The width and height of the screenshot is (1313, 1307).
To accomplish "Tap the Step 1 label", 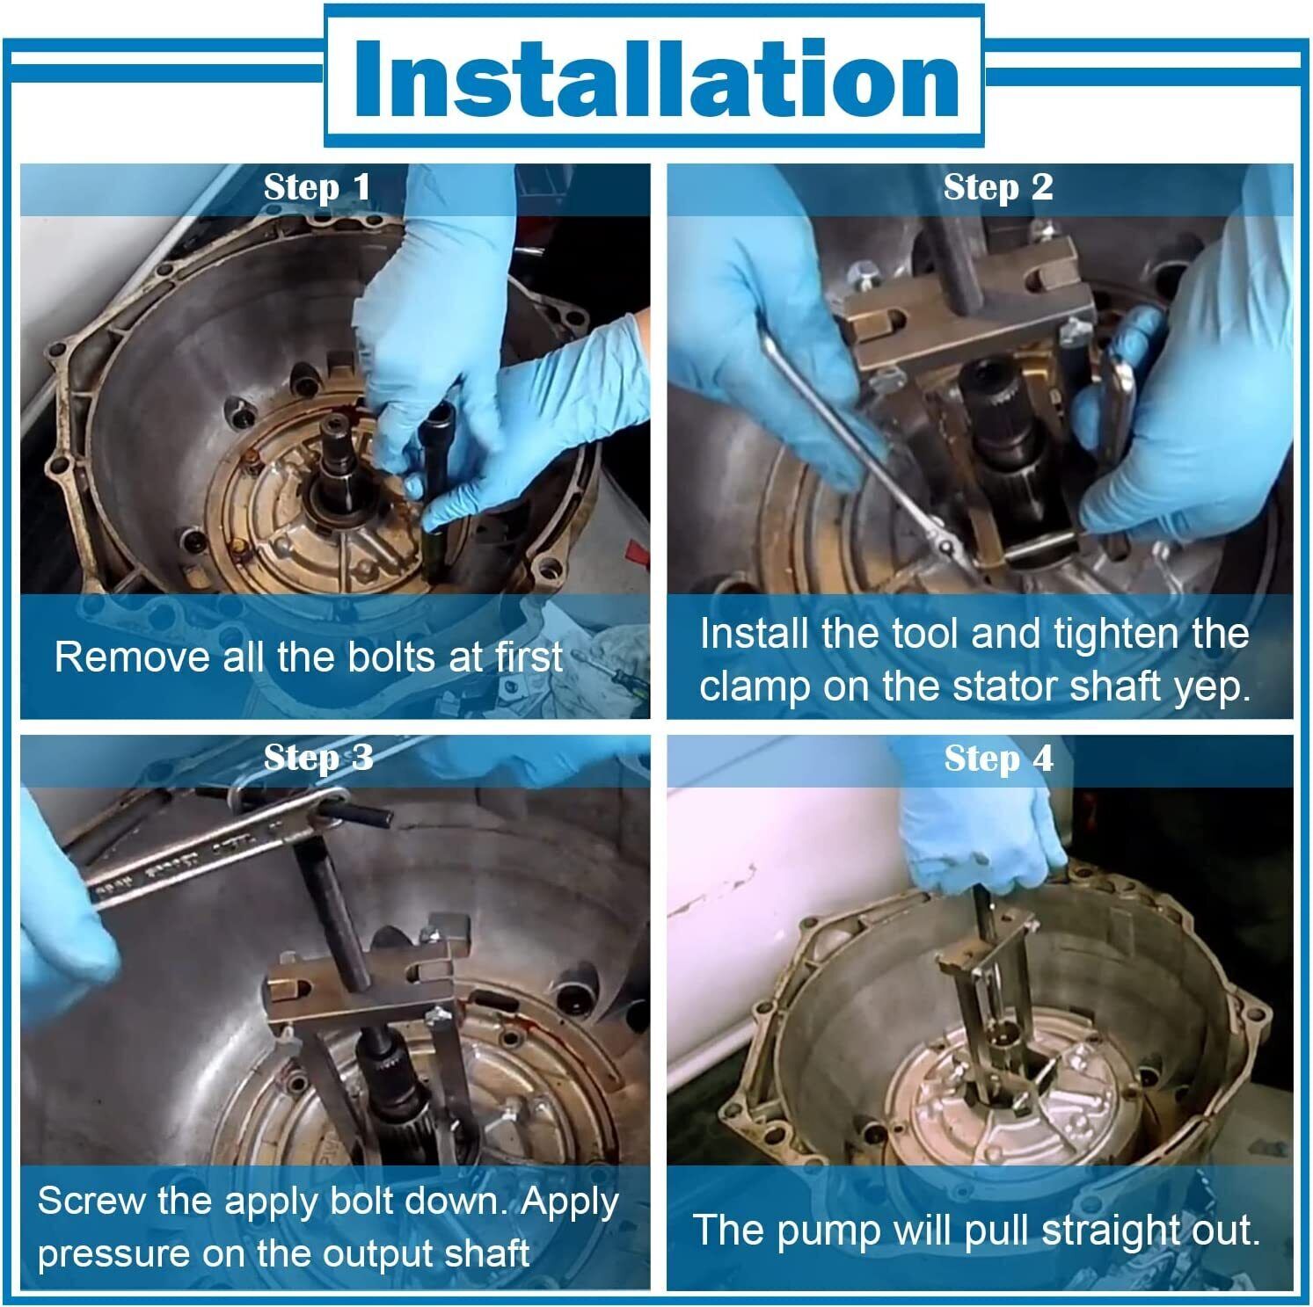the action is (317, 187).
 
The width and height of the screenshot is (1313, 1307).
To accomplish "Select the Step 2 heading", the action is (998, 187).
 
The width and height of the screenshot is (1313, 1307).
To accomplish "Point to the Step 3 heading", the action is (318, 758).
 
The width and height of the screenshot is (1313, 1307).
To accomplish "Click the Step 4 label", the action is (998, 758).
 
